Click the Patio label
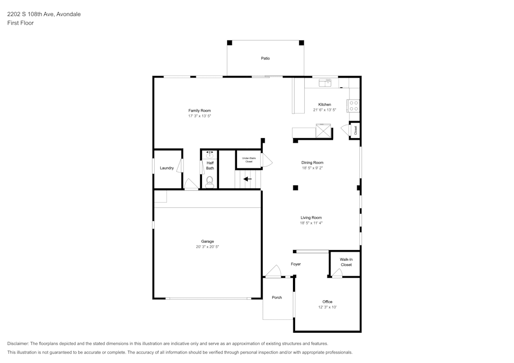pyautogui.click(x=265, y=58)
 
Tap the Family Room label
pyautogui.click(x=199, y=110)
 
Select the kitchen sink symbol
pyautogui.click(x=325, y=83)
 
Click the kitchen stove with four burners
pyautogui.click(x=354, y=106)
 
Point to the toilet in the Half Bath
pyautogui.click(x=210, y=182)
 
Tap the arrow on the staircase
pyautogui.click(x=248, y=179)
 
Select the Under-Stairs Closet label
pyautogui.click(x=249, y=160)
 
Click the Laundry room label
pyautogui.click(x=167, y=168)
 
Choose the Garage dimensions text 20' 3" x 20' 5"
pyautogui.click(x=207, y=247)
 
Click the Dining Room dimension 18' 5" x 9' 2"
pyautogui.click(x=312, y=168)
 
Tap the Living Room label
pyautogui.click(x=311, y=218)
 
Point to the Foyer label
pyautogui.click(x=296, y=264)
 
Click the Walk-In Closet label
pyautogui.click(x=346, y=262)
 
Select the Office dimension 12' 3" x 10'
pyautogui.click(x=327, y=308)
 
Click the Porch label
pyautogui.click(x=277, y=297)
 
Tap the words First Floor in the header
pyautogui.click(x=21, y=23)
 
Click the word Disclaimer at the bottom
pyautogui.click(x=17, y=343)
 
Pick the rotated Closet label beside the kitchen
pyautogui.click(x=355, y=130)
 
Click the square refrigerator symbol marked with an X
pyautogui.click(x=323, y=130)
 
